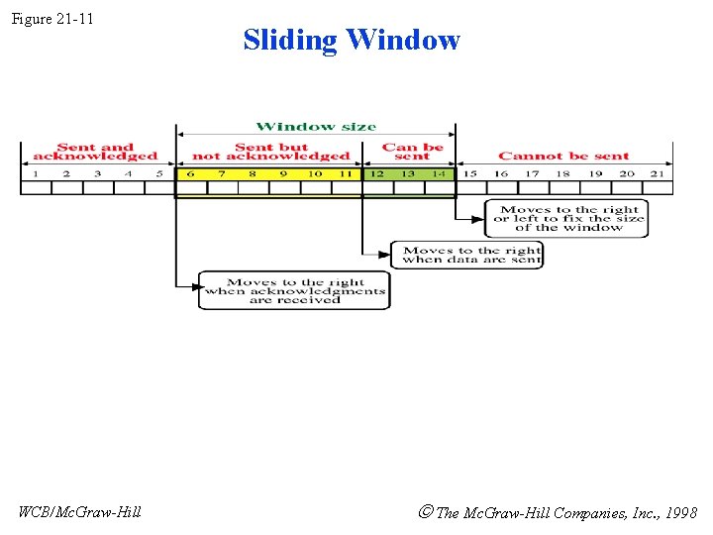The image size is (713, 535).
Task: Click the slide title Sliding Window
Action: point(352,40)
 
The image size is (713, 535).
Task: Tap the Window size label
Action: point(316,127)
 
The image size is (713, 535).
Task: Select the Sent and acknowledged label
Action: point(95,152)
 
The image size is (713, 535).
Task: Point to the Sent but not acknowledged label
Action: point(270,152)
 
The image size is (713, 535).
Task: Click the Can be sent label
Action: point(413,152)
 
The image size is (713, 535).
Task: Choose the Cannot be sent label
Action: point(563,156)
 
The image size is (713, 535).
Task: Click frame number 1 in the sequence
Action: point(36,174)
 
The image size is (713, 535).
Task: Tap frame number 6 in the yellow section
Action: point(190,174)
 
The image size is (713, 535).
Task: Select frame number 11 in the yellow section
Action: point(345,174)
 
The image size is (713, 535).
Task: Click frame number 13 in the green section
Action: point(408,174)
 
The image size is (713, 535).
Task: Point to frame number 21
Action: point(658,174)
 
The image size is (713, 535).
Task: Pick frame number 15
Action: point(470,174)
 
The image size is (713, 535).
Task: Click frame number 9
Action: point(283,174)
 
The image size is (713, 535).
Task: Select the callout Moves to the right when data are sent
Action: point(468,255)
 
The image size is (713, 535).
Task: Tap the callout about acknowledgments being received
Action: point(294,291)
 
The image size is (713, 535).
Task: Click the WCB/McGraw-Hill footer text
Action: point(80,512)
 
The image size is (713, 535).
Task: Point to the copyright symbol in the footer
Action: point(426,512)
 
